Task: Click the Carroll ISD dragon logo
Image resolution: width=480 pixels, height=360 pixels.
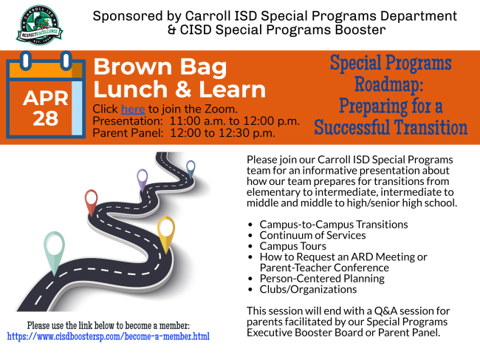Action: click(x=39, y=25)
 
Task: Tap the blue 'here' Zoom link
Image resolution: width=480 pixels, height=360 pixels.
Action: click(x=133, y=109)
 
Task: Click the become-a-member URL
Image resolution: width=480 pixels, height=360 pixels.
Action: click(x=109, y=336)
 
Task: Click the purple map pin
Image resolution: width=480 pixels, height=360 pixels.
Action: click(x=142, y=180)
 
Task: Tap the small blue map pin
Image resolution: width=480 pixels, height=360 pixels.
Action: click(x=191, y=169)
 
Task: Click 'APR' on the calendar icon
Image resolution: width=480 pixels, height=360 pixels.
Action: click(x=46, y=98)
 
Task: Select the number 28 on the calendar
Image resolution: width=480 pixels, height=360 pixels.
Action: click(x=46, y=118)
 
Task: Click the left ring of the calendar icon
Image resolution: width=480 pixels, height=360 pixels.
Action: click(x=26, y=61)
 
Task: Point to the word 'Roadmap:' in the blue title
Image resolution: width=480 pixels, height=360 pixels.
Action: click(x=389, y=84)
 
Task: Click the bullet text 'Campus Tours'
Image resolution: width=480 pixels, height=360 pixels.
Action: click(x=293, y=246)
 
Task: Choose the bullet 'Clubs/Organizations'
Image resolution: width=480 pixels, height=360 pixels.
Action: click(x=308, y=289)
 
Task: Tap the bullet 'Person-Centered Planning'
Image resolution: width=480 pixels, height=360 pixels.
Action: click(x=322, y=279)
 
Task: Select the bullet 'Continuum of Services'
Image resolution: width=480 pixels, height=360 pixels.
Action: click(x=312, y=235)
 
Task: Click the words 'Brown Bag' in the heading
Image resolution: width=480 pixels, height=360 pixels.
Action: click(x=160, y=67)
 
